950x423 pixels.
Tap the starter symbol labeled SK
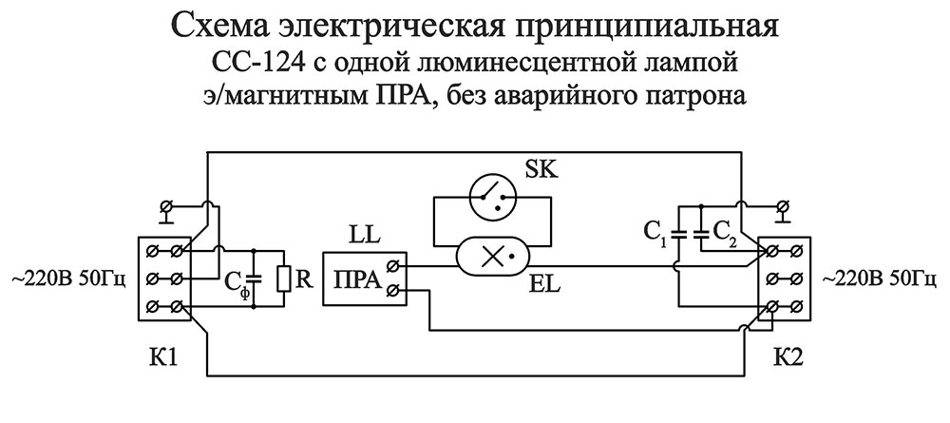coord(491,197)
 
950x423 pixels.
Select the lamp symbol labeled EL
coord(491,255)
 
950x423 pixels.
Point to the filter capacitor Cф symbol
coord(254,279)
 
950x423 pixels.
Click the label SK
coord(541,170)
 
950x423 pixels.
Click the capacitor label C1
coord(653,230)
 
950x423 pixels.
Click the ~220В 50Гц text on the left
coord(67,279)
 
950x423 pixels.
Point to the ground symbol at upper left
coord(167,209)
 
